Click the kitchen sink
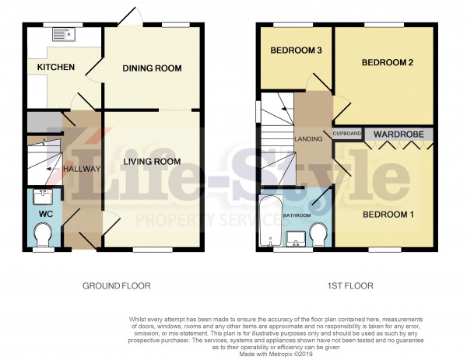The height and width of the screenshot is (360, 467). click(64, 34)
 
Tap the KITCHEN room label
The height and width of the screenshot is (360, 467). click(56, 67)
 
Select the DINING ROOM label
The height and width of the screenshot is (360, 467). click(152, 68)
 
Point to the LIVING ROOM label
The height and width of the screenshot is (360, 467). click(152, 162)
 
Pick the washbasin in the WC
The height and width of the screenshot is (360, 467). click(43, 197)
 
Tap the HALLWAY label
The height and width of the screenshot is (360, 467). click(82, 169)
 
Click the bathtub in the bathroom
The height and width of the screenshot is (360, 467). click(270, 221)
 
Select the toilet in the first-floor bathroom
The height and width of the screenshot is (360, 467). click(318, 234)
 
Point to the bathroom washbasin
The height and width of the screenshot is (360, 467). click(296, 239)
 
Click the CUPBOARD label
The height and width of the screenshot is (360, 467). click(347, 134)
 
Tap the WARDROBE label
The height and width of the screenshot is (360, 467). click(399, 135)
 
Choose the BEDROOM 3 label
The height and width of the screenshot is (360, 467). click(296, 51)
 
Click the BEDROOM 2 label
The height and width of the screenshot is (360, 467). click(388, 62)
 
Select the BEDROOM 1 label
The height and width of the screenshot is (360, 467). click(388, 215)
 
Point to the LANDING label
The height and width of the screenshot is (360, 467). click(308, 139)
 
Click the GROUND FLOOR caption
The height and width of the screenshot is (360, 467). click(117, 286)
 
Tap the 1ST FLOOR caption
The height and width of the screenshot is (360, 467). click(350, 286)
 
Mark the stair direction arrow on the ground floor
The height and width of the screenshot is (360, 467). click(51, 169)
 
